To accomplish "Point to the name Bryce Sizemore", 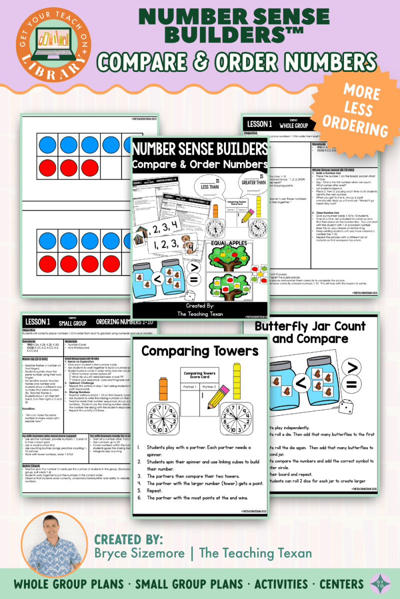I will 144,553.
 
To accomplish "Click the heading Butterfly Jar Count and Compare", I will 317,332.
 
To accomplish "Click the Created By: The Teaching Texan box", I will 199,309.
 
